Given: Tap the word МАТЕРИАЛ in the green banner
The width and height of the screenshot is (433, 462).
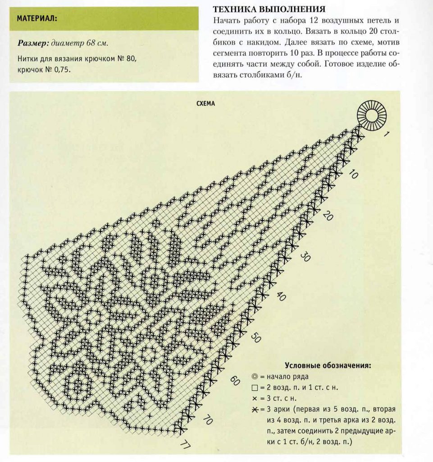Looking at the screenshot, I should coord(36,18).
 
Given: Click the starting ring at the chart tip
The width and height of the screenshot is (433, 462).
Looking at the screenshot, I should coord(372,113).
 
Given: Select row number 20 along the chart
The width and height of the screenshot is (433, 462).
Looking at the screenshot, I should coord(328,217).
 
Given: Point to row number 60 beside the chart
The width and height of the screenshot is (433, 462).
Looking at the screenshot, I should coord(234,380).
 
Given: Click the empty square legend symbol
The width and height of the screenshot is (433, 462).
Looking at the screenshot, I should coord(255,388).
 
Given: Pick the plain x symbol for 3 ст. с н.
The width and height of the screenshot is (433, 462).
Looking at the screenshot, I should coord(255,399).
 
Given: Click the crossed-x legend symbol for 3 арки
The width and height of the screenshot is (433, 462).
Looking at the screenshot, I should coord(255,410).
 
